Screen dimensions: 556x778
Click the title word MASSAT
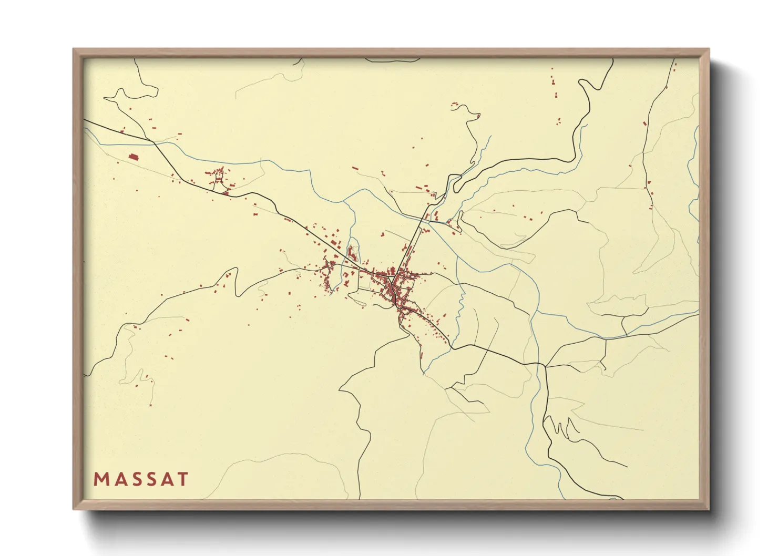[141, 479]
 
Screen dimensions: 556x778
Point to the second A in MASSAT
[168, 479]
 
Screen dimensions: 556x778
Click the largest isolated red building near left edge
[133, 156]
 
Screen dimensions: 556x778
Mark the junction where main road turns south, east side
[544, 365]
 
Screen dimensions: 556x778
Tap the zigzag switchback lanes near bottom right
[565, 428]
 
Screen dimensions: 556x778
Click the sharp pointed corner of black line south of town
[340, 390]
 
